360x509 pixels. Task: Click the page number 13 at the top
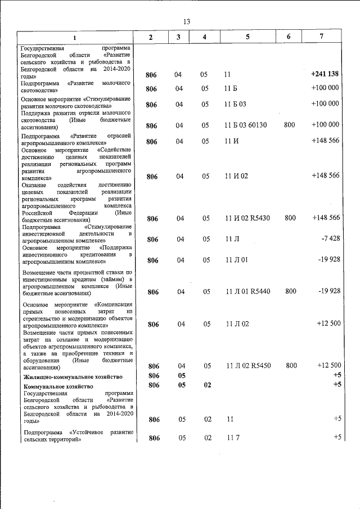186,21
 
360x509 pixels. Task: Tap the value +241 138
325,74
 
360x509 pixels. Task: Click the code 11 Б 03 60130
246,125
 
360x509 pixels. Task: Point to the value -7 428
330,239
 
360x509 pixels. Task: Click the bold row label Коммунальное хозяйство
57,386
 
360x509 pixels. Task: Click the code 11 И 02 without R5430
236,176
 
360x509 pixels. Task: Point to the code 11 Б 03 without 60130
236,104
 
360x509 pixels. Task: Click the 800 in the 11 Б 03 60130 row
290,125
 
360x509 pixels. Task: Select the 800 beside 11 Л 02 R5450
291,366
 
